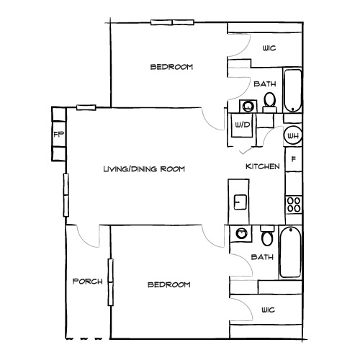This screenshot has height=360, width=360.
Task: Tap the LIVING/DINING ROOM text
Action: (x=144, y=169)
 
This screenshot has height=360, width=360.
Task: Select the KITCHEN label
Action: (x=263, y=166)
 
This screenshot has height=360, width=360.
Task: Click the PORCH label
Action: (x=88, y=281)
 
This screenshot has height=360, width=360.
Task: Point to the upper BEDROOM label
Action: (x=171, y=67)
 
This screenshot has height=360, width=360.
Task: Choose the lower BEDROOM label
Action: (x=168, y=284)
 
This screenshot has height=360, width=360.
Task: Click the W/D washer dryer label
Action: (x=240, y=125)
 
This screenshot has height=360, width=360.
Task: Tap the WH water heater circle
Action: (x=293, y=135)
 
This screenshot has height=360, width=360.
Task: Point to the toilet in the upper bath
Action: (x=269, y=101)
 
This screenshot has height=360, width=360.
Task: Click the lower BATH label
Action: (x=260, y=257)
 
